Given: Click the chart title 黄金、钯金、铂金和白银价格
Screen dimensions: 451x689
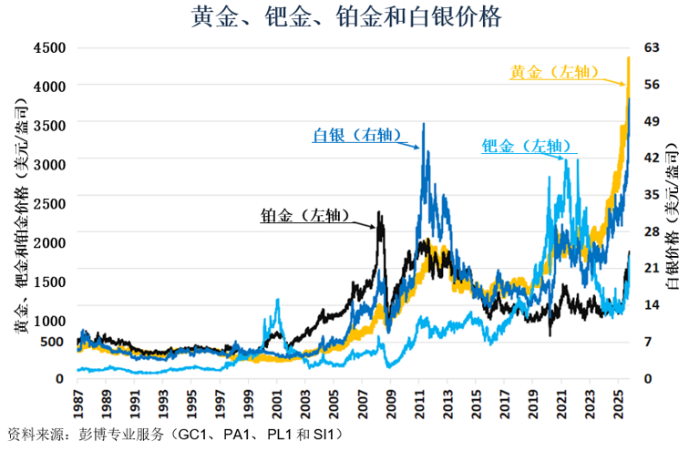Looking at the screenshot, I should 344,17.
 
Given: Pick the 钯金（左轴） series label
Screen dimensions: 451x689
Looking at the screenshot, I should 526,146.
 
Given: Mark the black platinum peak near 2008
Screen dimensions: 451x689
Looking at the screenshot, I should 380,215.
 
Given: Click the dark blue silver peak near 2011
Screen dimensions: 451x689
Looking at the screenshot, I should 423,125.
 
